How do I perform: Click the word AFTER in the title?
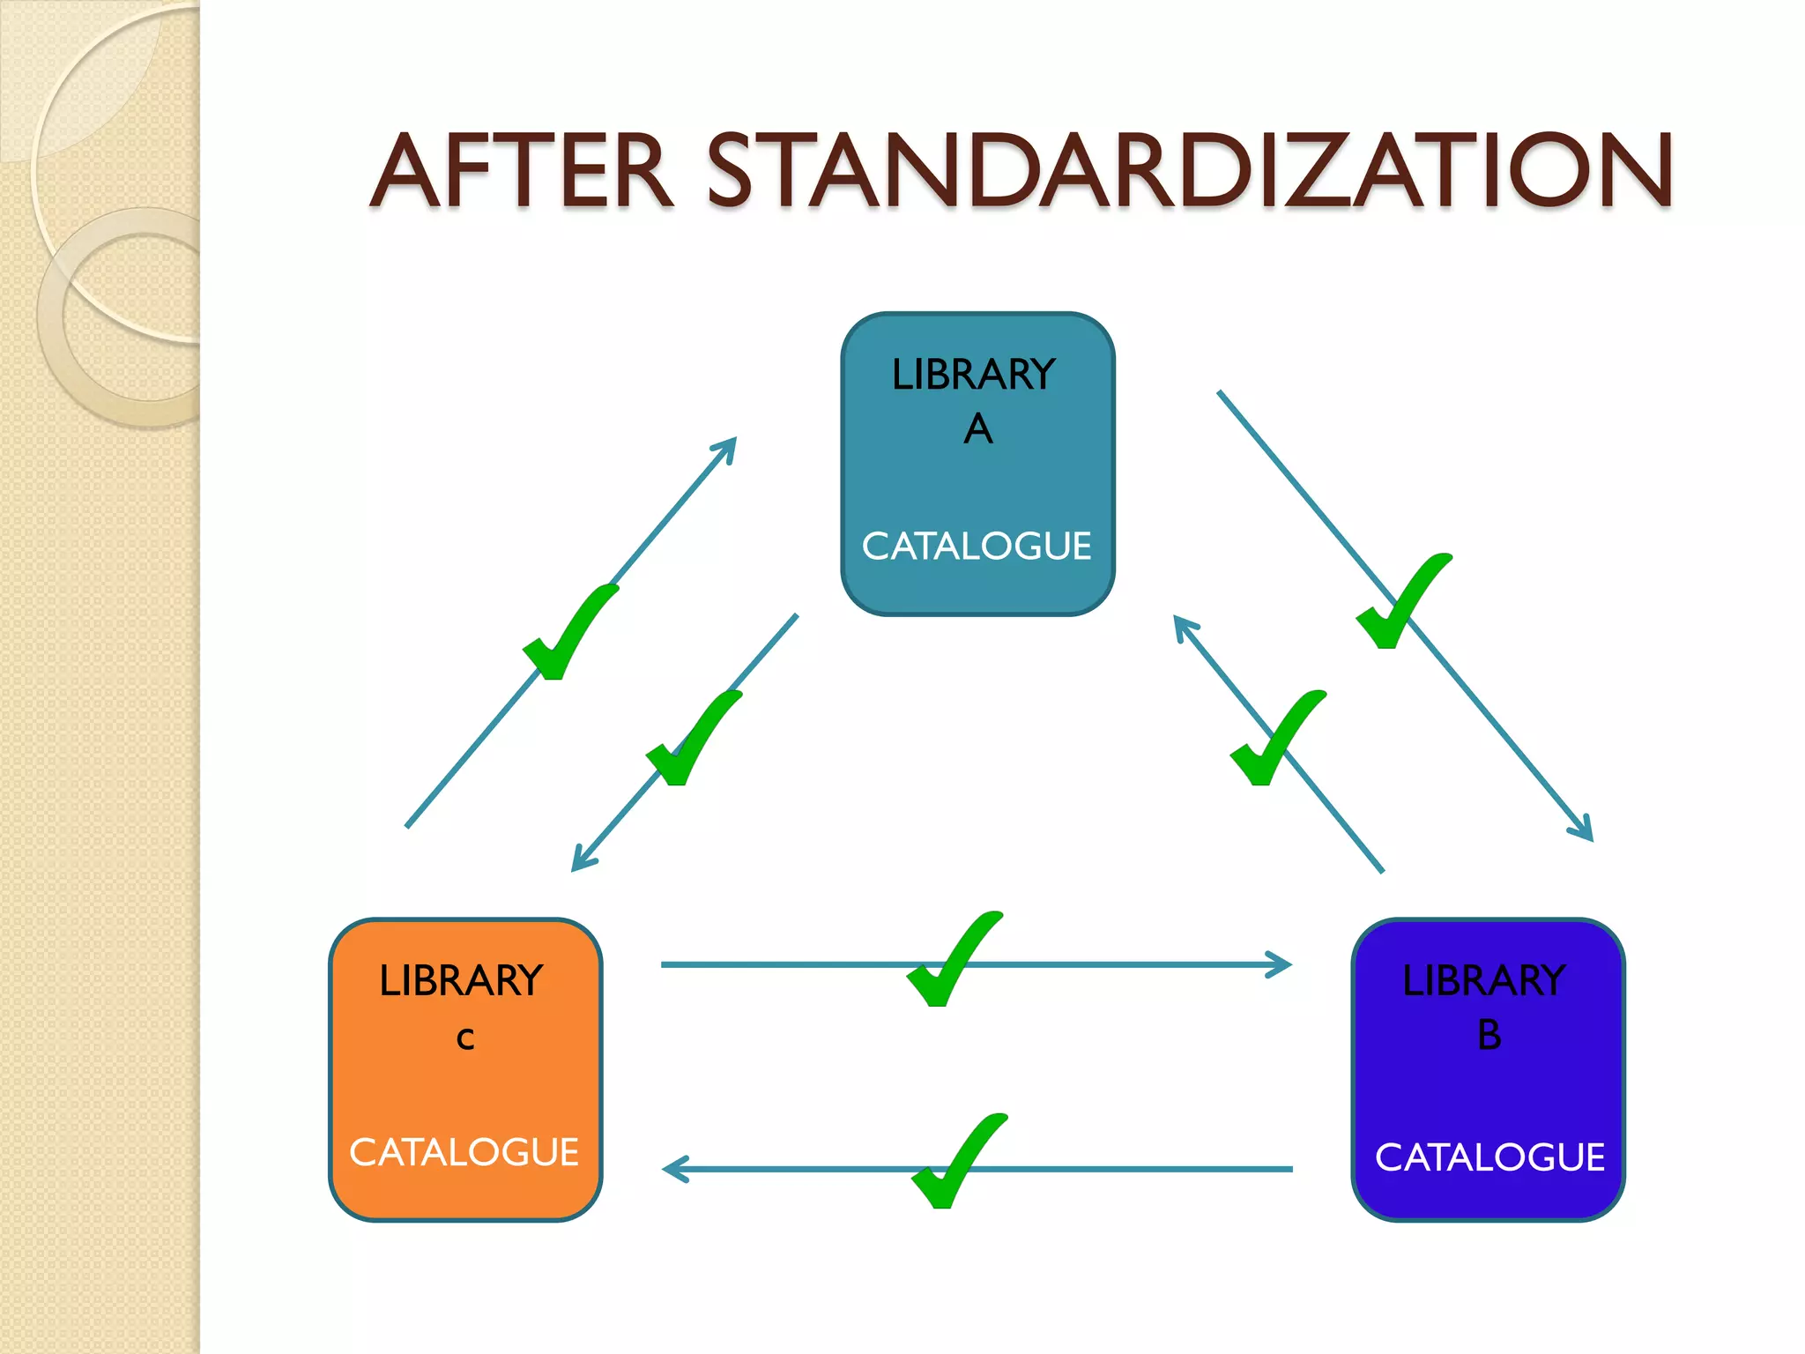(x=522, y=171)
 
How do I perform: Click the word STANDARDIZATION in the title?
(x=1189, y=171)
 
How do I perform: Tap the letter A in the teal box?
(x=978, y=429)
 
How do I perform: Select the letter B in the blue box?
(x=1489, y=1035)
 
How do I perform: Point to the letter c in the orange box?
(x=465, y=1038)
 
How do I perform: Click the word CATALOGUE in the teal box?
(x=977, y=546)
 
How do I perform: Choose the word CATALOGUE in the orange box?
(x=464, y=1152)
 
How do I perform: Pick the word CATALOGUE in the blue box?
(x=1489, y=1157)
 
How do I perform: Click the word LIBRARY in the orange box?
(x=461, y=980)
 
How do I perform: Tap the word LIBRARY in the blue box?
(x=1484, y=980)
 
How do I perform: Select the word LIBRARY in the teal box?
(x=973, y=374)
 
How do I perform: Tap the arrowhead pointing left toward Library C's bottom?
(x=675, y=1170)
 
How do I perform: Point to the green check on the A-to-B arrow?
(x=1401, y=603)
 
